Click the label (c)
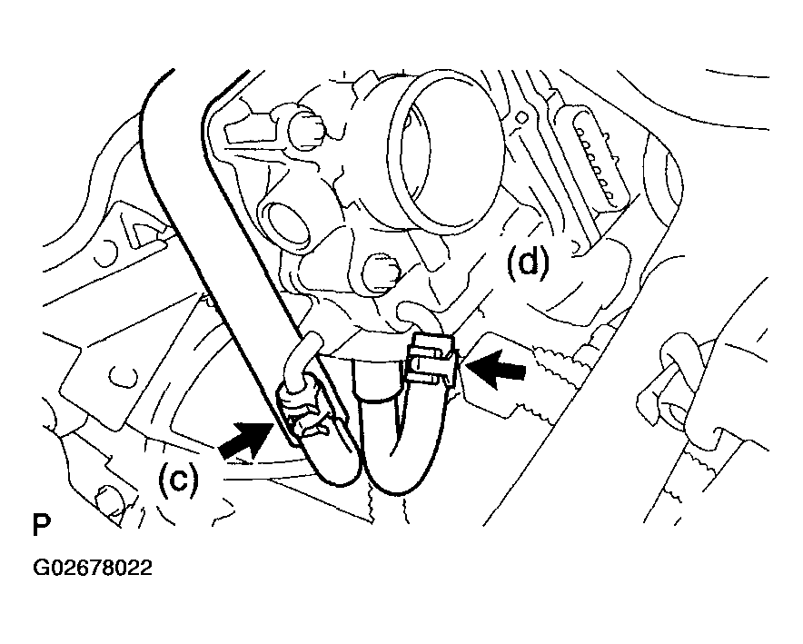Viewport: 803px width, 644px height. [178, 478]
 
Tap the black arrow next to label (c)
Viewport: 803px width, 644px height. [244, 437]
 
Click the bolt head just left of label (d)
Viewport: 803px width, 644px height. [380, 272]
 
